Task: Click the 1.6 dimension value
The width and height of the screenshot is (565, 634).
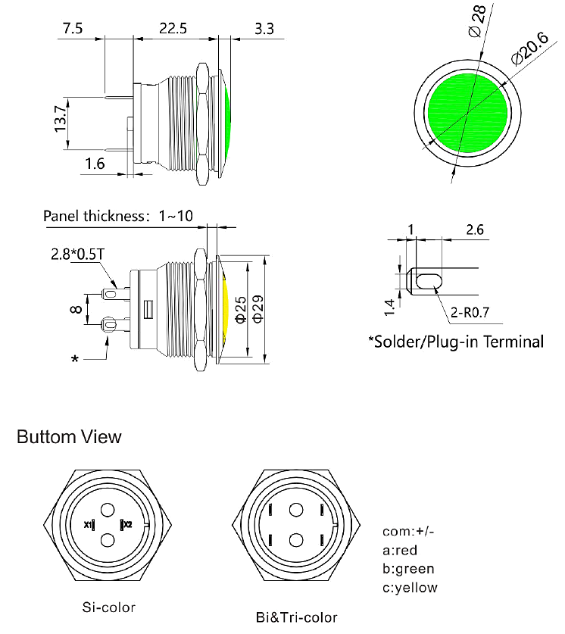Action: tap(95, 164)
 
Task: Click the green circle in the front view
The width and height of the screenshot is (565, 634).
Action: tap(467, 112)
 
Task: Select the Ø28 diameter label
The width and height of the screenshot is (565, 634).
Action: tap(476, 22)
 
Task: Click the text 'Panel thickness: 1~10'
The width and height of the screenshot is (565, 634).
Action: tap(118, 216)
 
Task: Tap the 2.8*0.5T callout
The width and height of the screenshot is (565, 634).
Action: tap(78, 253)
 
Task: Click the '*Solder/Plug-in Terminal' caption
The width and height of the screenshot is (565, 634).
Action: tap(456, 342)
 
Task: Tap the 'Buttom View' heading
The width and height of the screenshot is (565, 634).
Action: tap(68, 437)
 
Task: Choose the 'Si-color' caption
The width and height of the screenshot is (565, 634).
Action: tap(109, 607)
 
